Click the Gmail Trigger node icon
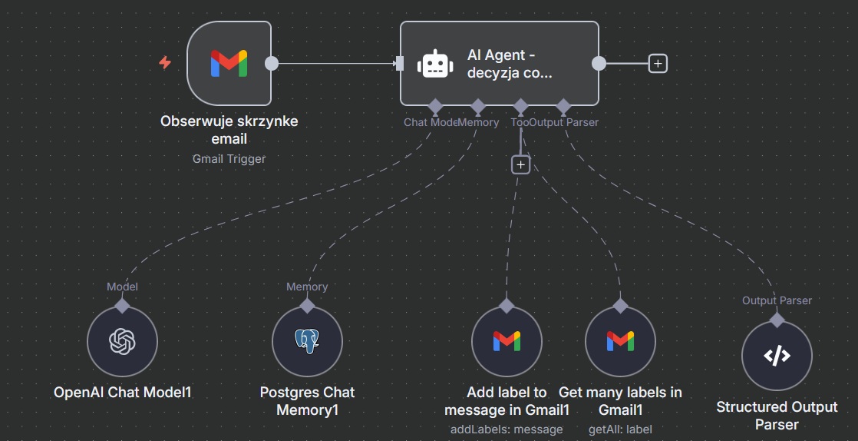coord(229,63)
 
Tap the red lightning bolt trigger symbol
coord(165,63)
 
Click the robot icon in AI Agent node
coord(435,64)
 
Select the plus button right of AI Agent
coord(658,64)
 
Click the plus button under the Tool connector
coord(521,164)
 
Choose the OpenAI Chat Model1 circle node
coord(122,342)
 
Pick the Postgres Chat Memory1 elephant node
coord(307,342)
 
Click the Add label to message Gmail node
coord(507,341)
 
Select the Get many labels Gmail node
coord(620,341)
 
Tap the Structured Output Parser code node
coord(777,356)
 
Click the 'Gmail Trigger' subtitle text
coord(229,159)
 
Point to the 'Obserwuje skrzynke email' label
coord(229,130)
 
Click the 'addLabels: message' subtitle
coord(507,429)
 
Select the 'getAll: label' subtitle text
coord(619,429)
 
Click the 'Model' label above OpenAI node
coord(122,287)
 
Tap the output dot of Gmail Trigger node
coord(271,64)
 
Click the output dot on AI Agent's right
coord(599,64)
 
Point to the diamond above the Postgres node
coord(307,305)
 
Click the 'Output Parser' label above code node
coord(777,300)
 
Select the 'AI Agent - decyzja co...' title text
coord(510,65)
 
